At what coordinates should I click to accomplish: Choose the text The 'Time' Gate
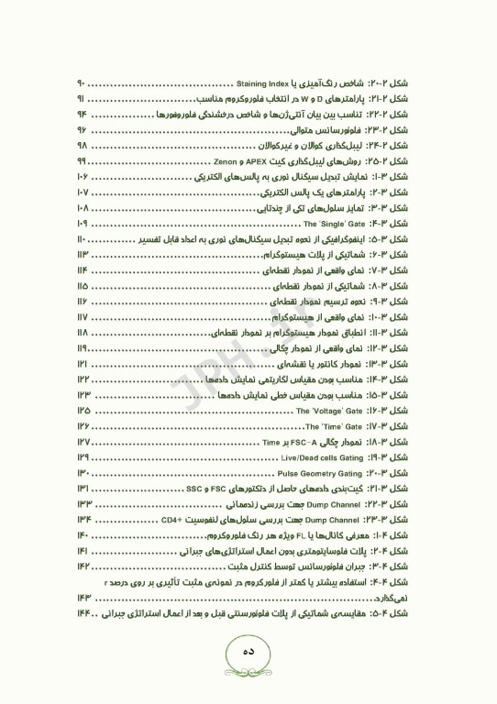click(x=334, y=427)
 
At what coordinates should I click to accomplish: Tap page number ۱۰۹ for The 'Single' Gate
click(x=83, y=223)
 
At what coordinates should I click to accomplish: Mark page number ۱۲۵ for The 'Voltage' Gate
click(x=83, y=412)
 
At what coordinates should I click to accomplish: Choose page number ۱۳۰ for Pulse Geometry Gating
click(x=83, y=474)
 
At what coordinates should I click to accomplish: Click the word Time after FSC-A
click(x=272, y=443)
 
